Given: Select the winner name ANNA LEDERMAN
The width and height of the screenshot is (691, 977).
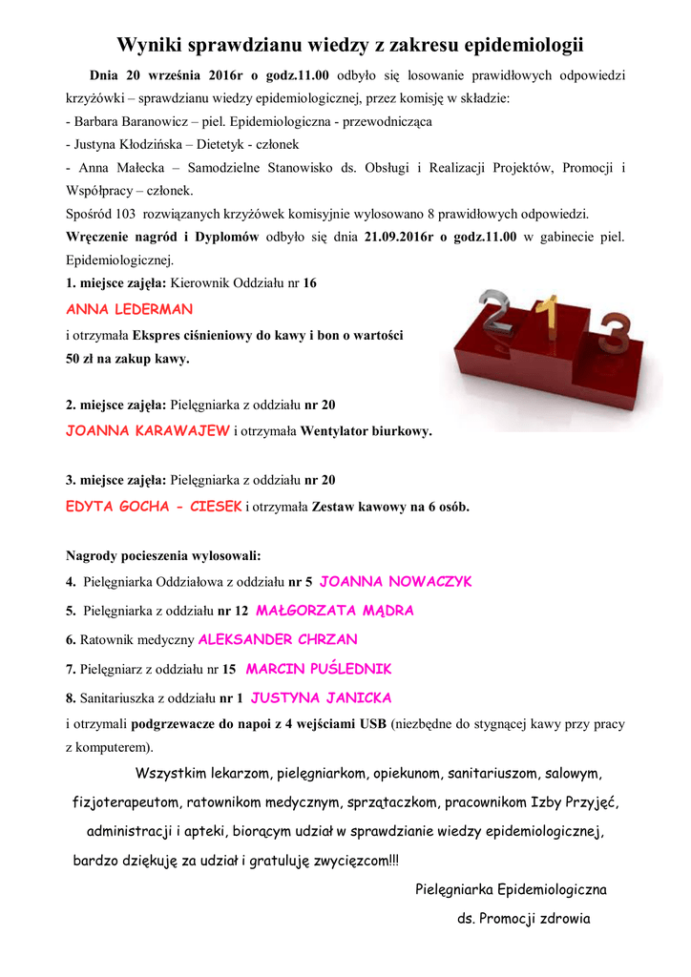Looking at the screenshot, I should (130, 310).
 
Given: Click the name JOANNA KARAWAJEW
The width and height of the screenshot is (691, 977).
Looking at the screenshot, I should (148, 430).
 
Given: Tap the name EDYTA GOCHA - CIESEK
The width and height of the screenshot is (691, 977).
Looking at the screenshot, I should (154, 507).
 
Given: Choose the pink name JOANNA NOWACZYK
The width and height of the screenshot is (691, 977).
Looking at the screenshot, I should (395, 581).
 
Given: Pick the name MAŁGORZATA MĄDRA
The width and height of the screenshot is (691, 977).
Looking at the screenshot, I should (335, 611).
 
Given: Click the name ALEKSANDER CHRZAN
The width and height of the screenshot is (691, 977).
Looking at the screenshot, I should (277, 639).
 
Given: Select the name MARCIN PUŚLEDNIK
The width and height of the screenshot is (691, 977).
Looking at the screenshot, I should (319, 669).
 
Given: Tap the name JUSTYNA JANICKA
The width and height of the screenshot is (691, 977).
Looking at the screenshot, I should (321, 697).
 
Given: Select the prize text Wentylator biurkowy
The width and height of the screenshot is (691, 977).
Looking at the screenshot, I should (366, 431).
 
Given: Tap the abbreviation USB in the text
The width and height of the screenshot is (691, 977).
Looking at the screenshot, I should (372, 723).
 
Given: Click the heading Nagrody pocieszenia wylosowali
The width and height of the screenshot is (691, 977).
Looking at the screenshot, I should (163, 554).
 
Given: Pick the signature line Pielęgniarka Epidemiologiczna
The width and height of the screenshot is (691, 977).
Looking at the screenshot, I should (512, 889).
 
